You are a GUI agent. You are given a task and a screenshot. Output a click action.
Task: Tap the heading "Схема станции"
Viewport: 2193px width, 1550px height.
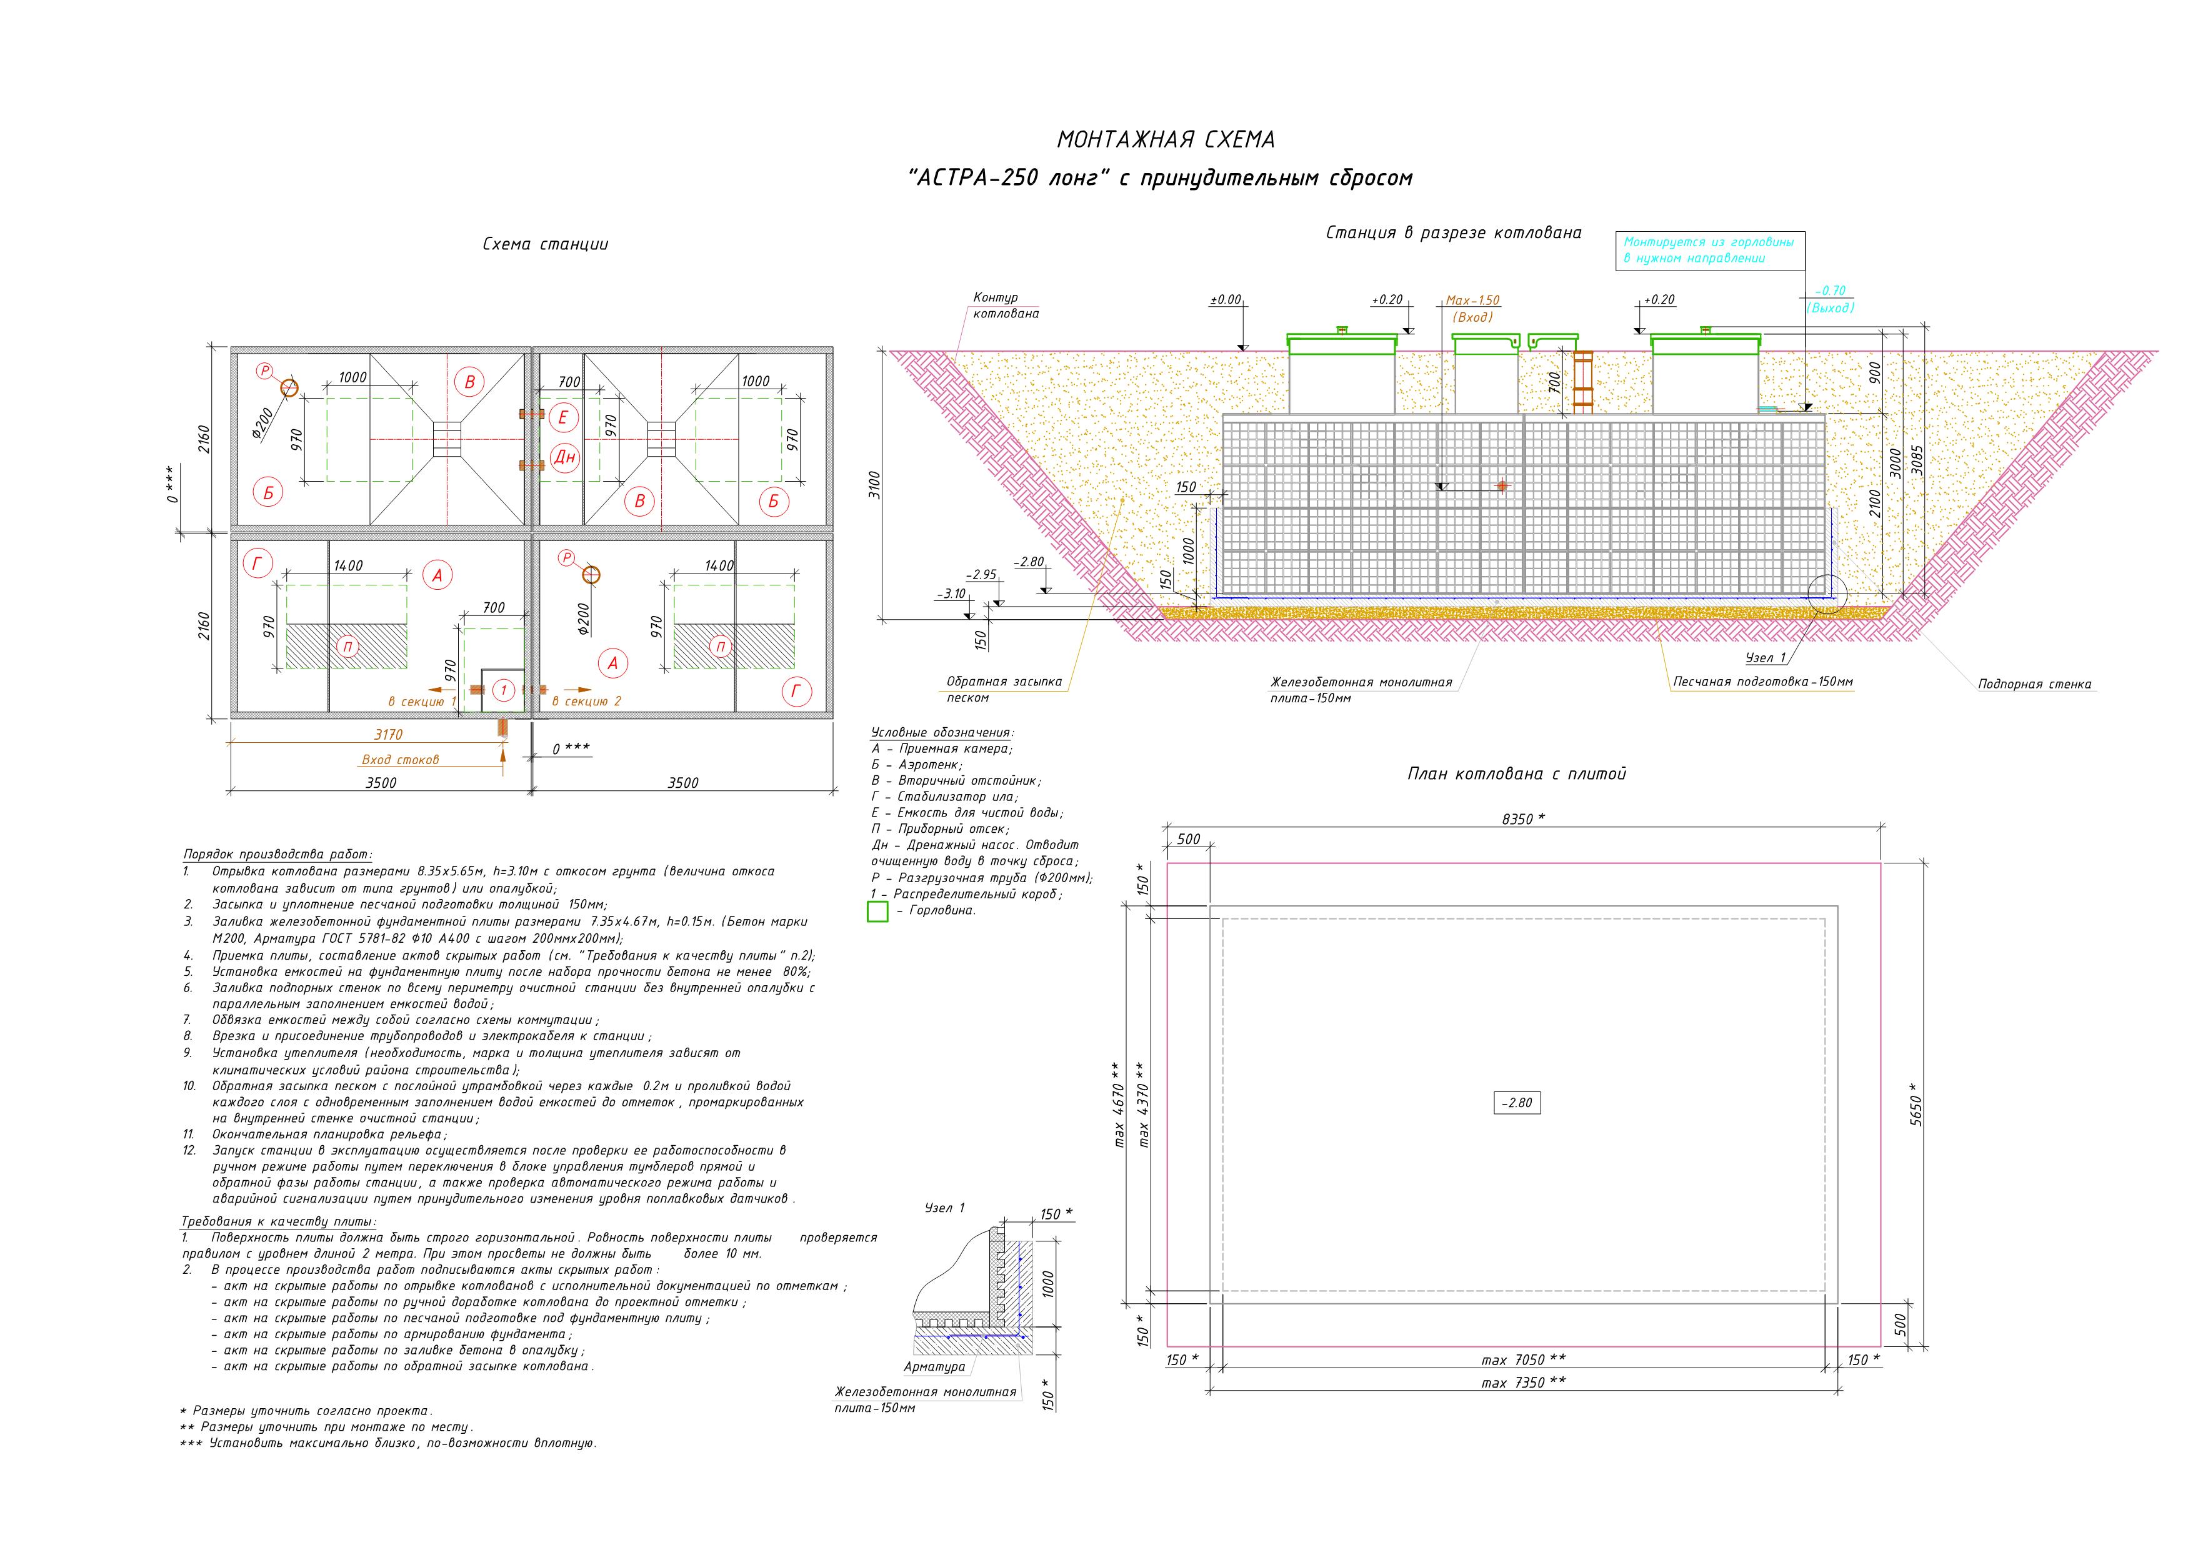point(546,244)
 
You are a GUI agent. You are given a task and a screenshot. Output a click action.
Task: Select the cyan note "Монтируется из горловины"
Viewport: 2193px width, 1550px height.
point(1709,242)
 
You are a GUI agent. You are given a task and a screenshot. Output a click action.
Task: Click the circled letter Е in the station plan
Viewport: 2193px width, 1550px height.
point(564,417)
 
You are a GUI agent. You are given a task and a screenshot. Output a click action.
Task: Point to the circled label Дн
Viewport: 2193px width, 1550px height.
point(564,457)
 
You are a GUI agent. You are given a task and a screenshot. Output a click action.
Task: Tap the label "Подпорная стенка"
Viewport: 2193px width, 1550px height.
point(2034,684)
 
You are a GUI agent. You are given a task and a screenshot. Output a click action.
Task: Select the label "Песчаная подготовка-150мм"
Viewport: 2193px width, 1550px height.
point(1763,682)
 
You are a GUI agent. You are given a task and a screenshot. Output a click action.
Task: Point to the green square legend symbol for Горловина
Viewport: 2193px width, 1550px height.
point(877,910)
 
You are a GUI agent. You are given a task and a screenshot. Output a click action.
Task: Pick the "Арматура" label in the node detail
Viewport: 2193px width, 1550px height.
point(934,1366)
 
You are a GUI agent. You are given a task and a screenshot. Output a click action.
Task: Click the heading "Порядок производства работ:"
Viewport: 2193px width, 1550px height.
point(277,854)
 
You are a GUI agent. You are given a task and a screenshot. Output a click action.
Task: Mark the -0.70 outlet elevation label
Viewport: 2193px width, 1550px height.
point(1831,291)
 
